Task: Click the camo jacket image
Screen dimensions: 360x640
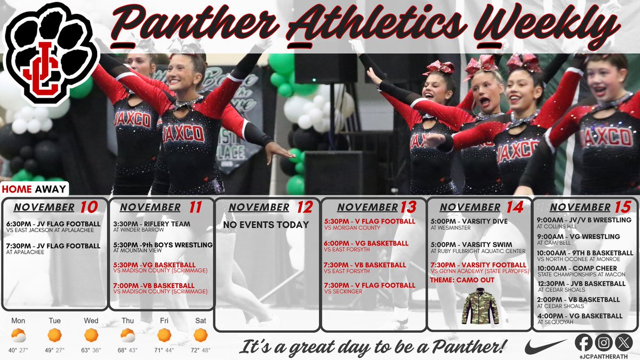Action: click(479, 306)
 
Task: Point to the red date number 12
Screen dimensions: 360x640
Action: click(304, 207)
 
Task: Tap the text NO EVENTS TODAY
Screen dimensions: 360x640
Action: click(266, 225)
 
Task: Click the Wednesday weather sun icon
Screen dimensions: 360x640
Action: click(91, 335)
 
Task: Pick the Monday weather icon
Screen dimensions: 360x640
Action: click(19, 335)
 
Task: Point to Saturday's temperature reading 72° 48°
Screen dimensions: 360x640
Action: click(201, 350)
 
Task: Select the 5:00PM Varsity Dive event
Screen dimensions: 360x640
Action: click(469, 224)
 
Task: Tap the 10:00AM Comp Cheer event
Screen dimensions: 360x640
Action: click(577, 271)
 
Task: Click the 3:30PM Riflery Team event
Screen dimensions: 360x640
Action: click(152, 227)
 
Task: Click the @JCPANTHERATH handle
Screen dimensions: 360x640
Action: click(604, 354)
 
